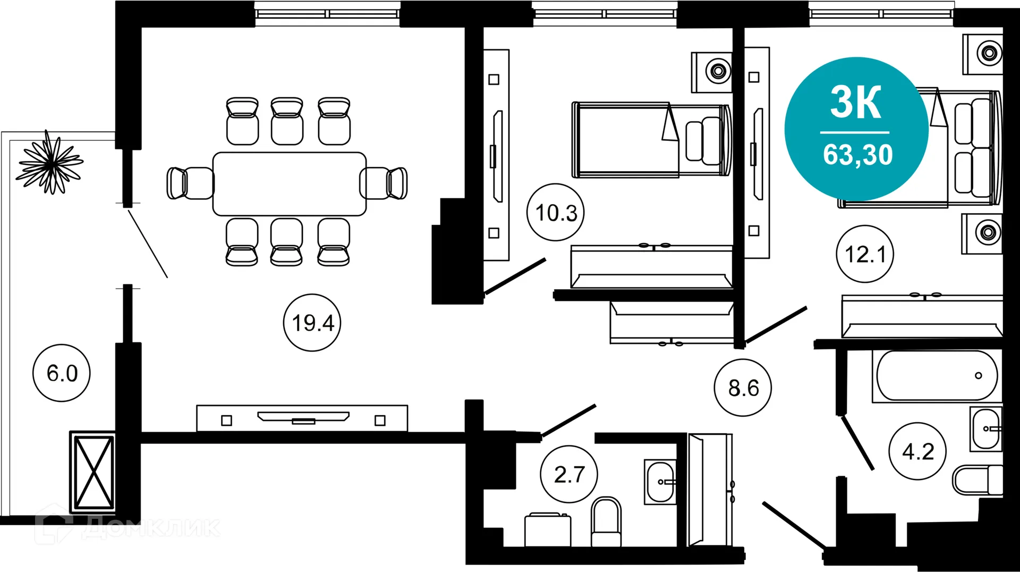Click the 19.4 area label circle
coord(312,323)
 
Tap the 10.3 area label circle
coord(556,213)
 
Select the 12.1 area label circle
coord(865,254)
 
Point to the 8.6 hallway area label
coord(743,388)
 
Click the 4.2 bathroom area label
coord(917,452)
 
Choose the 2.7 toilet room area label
coord(569,474)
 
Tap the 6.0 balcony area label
coord(62,373)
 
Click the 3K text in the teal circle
coord(856,102)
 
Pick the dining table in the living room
coord(290,183)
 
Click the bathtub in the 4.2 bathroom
coord(937,375)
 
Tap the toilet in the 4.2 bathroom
coord(976,480)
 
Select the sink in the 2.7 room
coord(660,482)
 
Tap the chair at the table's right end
coord(384,183)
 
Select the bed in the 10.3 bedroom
coord(651,140)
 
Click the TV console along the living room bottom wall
coord(302,418)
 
